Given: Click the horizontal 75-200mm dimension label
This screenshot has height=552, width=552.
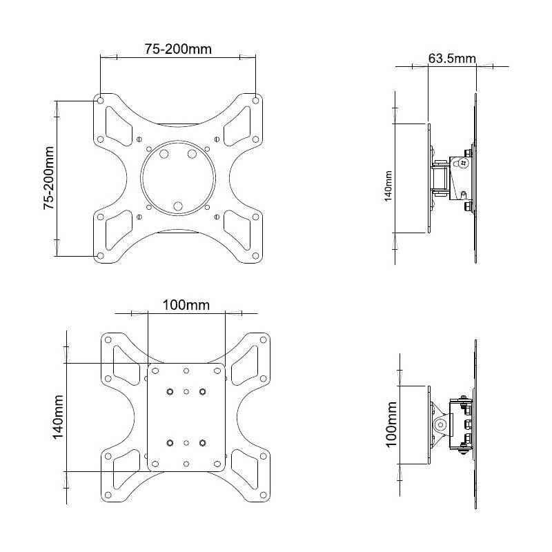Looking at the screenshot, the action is click(178, 49).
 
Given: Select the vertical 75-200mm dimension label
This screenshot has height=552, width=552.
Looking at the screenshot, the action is click(49, 178).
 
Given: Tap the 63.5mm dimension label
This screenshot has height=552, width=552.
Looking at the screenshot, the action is click(452, 58).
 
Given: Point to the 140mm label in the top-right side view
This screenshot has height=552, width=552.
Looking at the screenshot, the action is click(388, 186).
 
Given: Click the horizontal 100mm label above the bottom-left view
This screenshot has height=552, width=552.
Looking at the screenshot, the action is click(186, 305).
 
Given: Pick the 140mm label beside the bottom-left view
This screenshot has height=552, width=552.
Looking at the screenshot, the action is click(59, 417).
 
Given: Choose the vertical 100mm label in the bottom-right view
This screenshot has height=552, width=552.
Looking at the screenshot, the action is click(391, 424).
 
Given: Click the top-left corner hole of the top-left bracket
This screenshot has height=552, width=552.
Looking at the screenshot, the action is click(100, 101).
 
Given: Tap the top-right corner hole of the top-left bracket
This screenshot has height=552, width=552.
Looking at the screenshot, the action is click(256, 101).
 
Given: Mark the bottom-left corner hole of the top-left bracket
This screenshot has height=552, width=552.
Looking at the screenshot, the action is click(100, 256).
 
